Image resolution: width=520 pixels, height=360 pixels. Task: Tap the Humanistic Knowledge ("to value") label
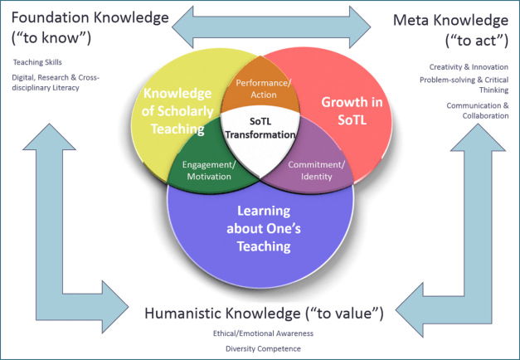pyautogui.click(x=264, y=313)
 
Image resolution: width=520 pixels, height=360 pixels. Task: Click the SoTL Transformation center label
pyautogui.click(x=260, y=129)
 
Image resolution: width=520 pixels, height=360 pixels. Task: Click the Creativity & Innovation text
pyautogui.click(x=469, y=66)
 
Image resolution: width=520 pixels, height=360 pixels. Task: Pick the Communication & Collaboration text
pyautogui.click(x=478, y=110)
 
